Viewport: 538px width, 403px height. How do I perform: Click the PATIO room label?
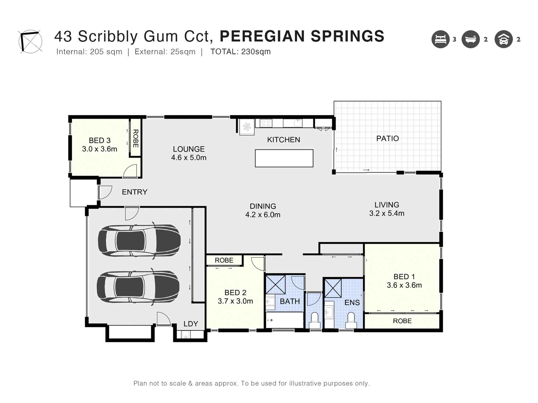[x=387, y=138]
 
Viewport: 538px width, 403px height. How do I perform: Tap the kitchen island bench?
[x=284, y=158]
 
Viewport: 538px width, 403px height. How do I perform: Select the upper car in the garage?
[x=139, y=240]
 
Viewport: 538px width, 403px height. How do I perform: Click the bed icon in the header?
[x=440, y=39]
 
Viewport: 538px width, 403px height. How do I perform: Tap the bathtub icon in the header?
[x=470, y=39]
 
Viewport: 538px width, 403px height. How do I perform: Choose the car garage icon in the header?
[x=503, y=39]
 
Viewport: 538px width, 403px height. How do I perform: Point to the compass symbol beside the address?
[x=30, y=41]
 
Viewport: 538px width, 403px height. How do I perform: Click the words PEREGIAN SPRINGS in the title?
[x=302, y=36]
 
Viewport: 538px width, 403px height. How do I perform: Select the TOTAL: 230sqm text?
[x=240, y=52]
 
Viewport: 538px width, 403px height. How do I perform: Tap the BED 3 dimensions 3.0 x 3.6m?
[x=100, y=149]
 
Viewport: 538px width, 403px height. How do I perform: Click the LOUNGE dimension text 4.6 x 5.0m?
[x=189, y=158]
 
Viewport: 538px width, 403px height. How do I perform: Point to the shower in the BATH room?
[x=275, y=285]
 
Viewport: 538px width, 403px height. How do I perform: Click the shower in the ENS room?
[x=333, y=288]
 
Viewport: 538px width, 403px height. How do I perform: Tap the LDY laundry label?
[x=191, y=324]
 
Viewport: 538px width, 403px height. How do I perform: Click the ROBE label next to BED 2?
[x=224, y=260]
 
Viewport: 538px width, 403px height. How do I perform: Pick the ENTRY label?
[x=134, y=192]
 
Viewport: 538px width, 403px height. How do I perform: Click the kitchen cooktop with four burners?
[x=266, y=123]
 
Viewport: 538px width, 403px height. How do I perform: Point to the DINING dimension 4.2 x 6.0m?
[x=263, y=215]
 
